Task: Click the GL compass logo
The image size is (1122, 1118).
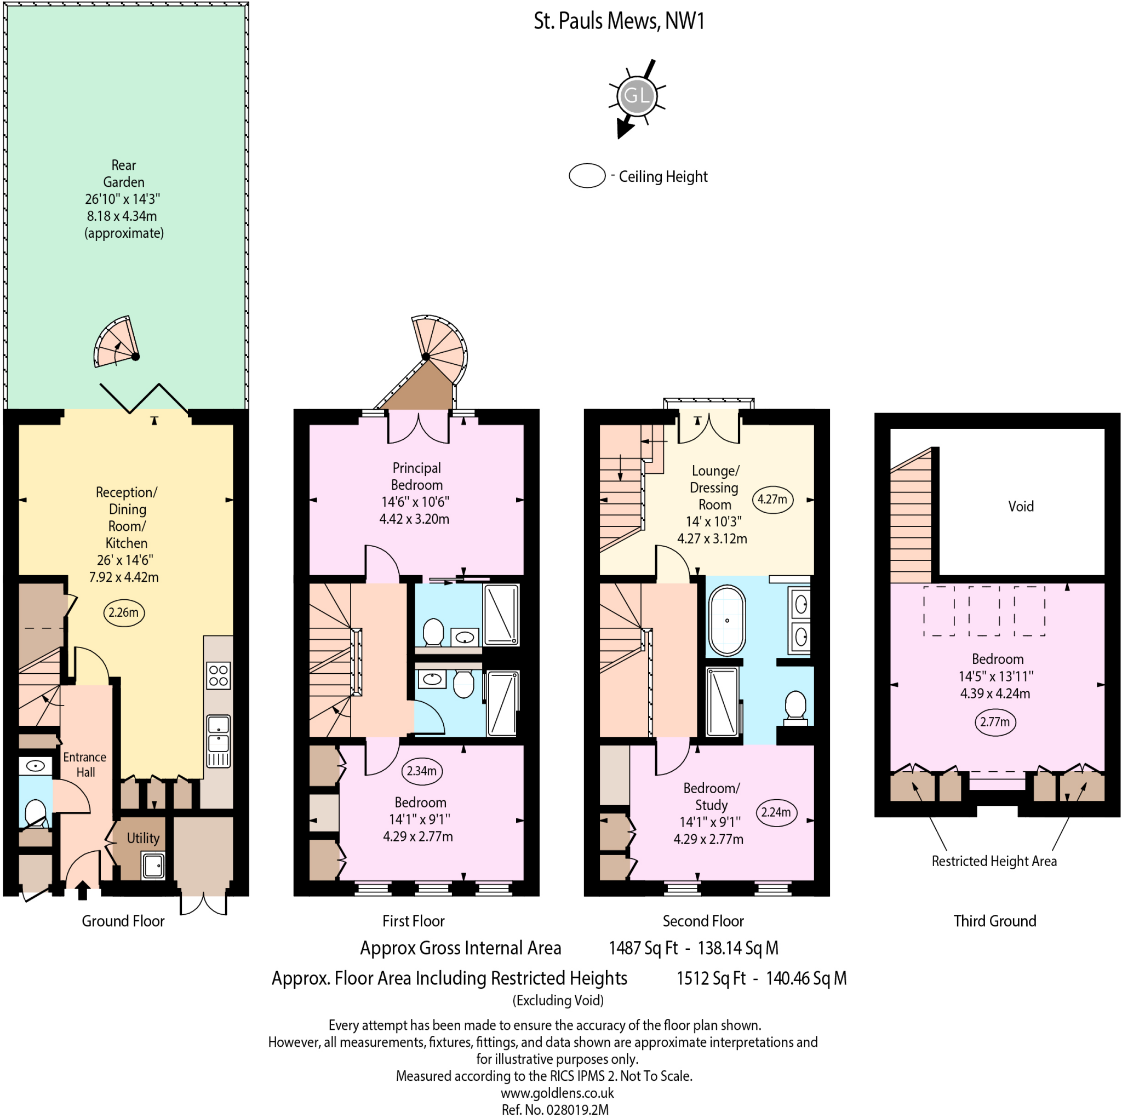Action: (637, 96)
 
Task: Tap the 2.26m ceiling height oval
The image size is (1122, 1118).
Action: (124, 613)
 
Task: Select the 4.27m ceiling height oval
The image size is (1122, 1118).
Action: (772, 499)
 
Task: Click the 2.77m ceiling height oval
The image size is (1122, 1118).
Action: (995, 722)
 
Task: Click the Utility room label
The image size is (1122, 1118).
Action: (143, 838)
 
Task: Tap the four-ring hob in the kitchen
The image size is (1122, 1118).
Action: (219, 675)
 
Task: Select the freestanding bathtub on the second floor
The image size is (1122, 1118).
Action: (726, 620)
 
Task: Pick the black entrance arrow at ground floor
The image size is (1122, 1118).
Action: (83, 890)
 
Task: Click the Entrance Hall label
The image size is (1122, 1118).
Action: (85, 764)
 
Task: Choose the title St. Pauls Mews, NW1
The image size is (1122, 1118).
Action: (619, 21)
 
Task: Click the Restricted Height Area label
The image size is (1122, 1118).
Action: (994, 861)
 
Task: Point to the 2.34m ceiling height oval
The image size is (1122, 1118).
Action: (422, 771)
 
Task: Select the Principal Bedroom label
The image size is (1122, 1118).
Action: (416, 476)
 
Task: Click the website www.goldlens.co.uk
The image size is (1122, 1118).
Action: (557, 1092)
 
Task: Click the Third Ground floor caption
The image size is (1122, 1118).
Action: (994, 921)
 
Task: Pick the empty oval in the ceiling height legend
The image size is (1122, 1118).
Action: (587, 175)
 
